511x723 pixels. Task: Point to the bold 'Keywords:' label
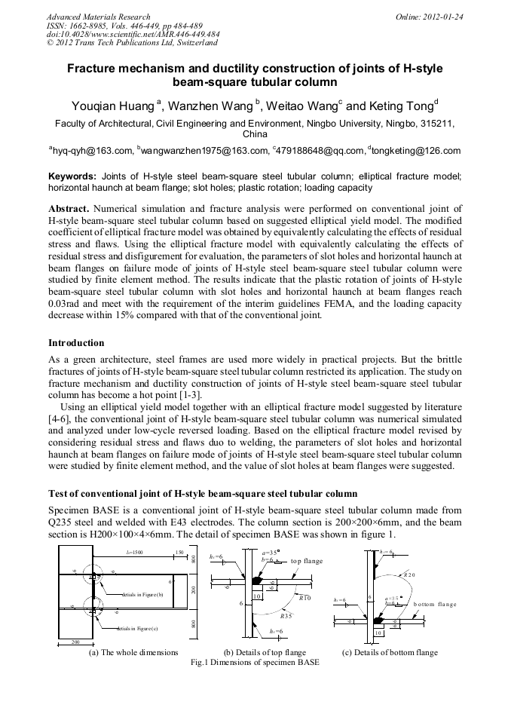72,176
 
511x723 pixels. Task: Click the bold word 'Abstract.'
70,207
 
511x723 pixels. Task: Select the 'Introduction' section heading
76,343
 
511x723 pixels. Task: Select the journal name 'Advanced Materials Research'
98,17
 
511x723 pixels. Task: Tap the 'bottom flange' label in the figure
435,605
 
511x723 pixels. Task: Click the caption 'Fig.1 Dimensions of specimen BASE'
255,663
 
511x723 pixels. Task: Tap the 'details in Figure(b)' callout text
142,594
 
